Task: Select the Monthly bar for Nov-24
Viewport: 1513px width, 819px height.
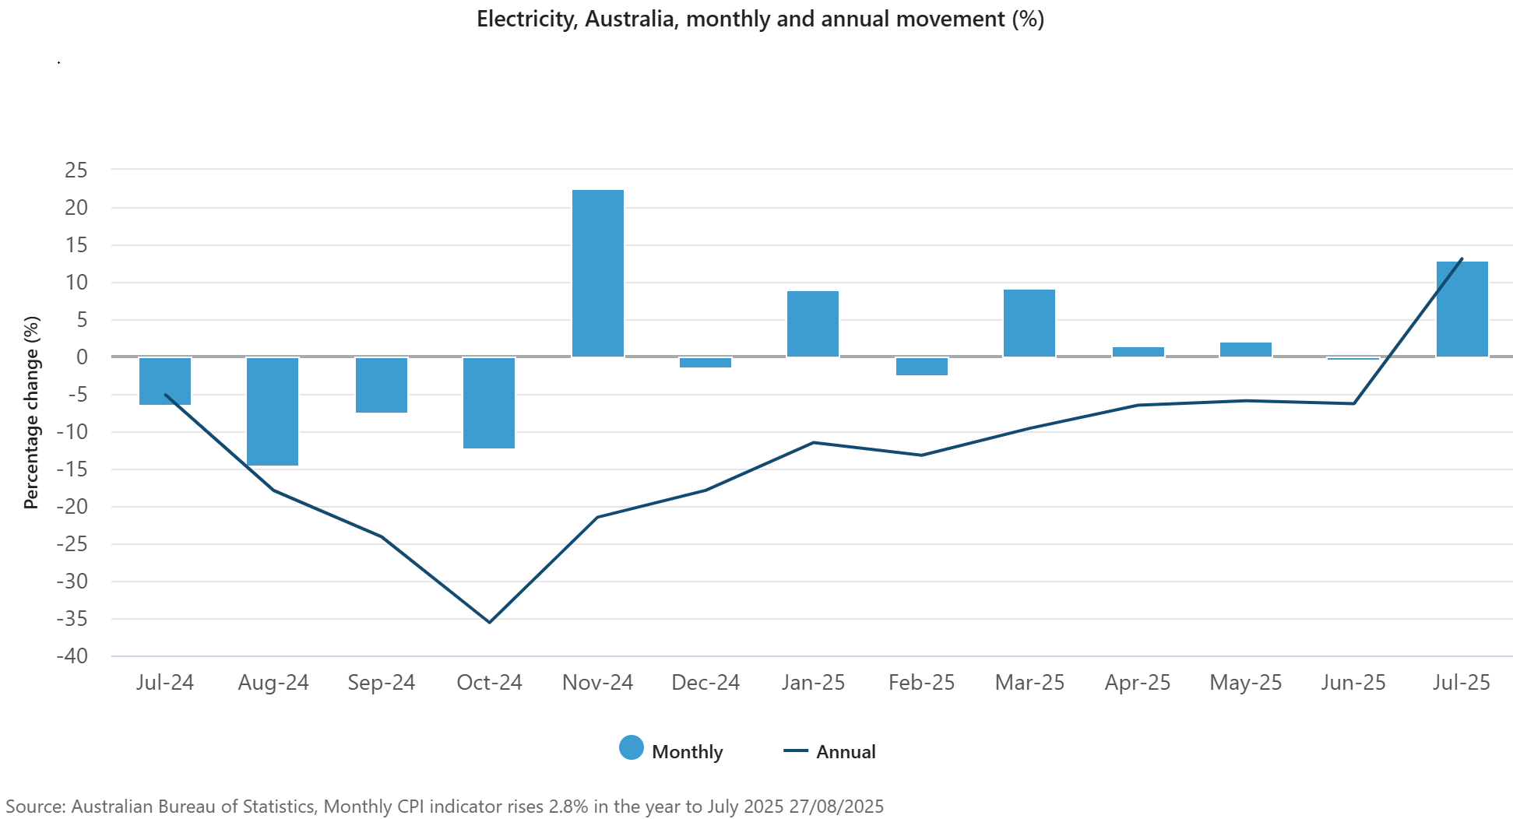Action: pos(597,273)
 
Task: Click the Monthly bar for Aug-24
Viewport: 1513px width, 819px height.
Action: pos(273,411)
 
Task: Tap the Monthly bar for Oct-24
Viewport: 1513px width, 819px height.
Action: pos(489,402)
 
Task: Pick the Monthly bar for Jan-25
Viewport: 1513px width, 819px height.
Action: pos(813,324)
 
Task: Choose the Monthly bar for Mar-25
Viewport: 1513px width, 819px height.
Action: pos(1029,323)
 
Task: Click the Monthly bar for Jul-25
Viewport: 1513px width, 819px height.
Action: pos(1462,309)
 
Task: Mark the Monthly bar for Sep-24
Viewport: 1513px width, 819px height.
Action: pos(382,385)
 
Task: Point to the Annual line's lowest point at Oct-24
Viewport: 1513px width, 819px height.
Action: pos(489,622)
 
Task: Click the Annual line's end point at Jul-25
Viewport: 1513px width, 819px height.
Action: pos(1462,258)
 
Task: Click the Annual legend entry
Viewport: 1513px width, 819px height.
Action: pos(830,751)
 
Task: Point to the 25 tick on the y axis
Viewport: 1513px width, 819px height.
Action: pos(76,170)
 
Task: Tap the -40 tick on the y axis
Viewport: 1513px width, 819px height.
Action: pos(72,656)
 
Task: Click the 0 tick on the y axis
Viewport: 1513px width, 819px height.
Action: pos(82,357)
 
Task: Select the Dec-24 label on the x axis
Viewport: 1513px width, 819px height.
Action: pos(705,683)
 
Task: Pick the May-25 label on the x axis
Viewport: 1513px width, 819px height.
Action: pos(1245,683)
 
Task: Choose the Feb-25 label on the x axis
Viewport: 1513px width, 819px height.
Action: pos(921,683)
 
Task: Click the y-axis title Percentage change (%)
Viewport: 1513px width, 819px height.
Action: pos(31,413)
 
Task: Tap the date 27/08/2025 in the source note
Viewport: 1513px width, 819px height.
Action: pos(836,807)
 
